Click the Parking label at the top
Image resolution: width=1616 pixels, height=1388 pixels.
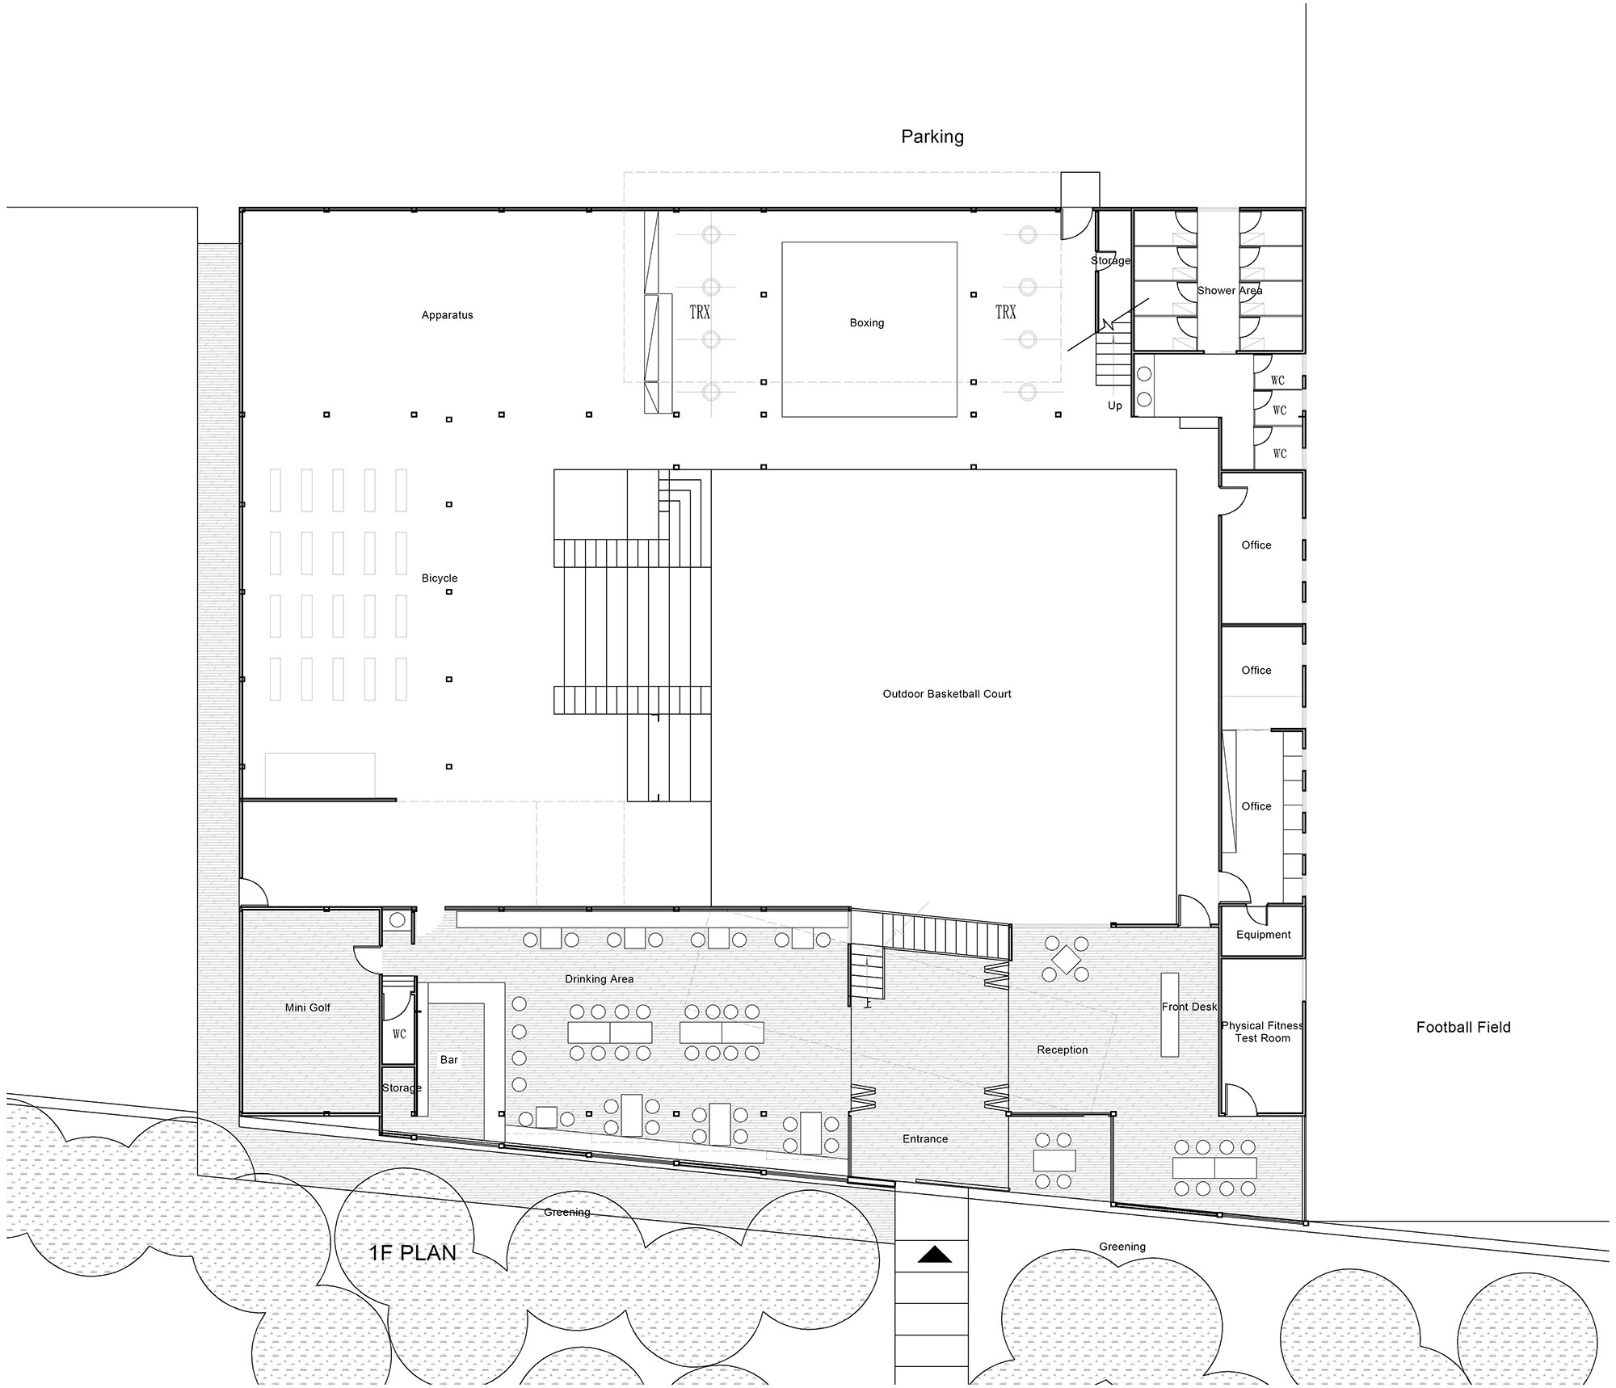click(932, 137)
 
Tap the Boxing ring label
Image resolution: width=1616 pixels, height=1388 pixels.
click(867, 323)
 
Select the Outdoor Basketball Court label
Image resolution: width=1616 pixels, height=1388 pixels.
click(947, 694)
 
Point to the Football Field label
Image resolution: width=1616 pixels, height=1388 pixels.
click(1463, 1028)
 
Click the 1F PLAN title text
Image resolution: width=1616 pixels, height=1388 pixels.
click(413, 1253)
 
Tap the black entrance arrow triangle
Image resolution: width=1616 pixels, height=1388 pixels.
click(934, 1255)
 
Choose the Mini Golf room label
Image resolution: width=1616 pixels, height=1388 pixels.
click(308, 1007)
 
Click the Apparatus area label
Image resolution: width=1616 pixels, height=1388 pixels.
click(447, 315)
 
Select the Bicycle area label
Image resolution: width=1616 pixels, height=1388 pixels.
click(440, 578)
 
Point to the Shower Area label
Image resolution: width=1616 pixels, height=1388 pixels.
click(1230, 291)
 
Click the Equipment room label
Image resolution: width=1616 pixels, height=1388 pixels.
click(1264, 935)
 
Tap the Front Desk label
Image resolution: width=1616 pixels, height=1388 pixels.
click(1189, 1007)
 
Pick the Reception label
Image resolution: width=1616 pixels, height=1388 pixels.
click(1063, 1050)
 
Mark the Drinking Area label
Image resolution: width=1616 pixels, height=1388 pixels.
click(599, 979)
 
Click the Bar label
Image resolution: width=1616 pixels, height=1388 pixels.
click(449, 1060)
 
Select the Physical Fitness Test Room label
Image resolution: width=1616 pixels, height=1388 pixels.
click(1262, 1032)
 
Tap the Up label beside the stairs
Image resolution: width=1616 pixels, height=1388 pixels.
click(1115, 406)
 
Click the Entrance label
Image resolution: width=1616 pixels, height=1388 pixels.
click(925, 1139)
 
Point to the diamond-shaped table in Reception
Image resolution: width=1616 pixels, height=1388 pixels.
click(1067, 960)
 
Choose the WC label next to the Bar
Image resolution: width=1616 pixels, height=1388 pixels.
click(399, 1034)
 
